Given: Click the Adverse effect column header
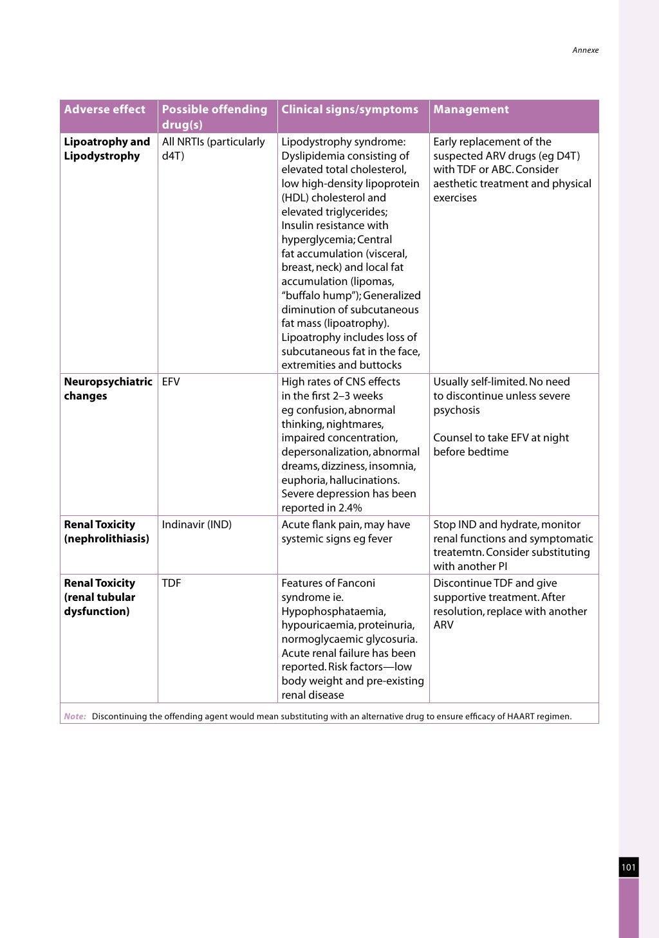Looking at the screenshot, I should coord(105,109).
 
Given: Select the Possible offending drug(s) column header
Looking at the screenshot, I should coord(214,116).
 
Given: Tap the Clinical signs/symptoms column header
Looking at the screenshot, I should coord(349,109).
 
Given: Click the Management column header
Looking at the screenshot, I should coord(471,109).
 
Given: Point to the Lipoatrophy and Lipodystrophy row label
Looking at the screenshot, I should coord(107,149).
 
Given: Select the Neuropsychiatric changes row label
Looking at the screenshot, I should coord(107,389).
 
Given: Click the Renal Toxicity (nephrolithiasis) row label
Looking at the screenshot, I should coord(106,531).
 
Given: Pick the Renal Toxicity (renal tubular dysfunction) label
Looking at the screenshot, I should coord(100,597).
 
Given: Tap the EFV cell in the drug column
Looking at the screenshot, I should coord(171,382).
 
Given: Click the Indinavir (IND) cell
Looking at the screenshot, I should coord(196,525).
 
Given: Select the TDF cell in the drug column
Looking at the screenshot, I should coord(171,584).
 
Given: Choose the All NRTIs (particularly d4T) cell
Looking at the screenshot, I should coord(213,149).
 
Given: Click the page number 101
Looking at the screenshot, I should coord(628,867).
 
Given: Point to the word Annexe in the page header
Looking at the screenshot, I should coord(585,50).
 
